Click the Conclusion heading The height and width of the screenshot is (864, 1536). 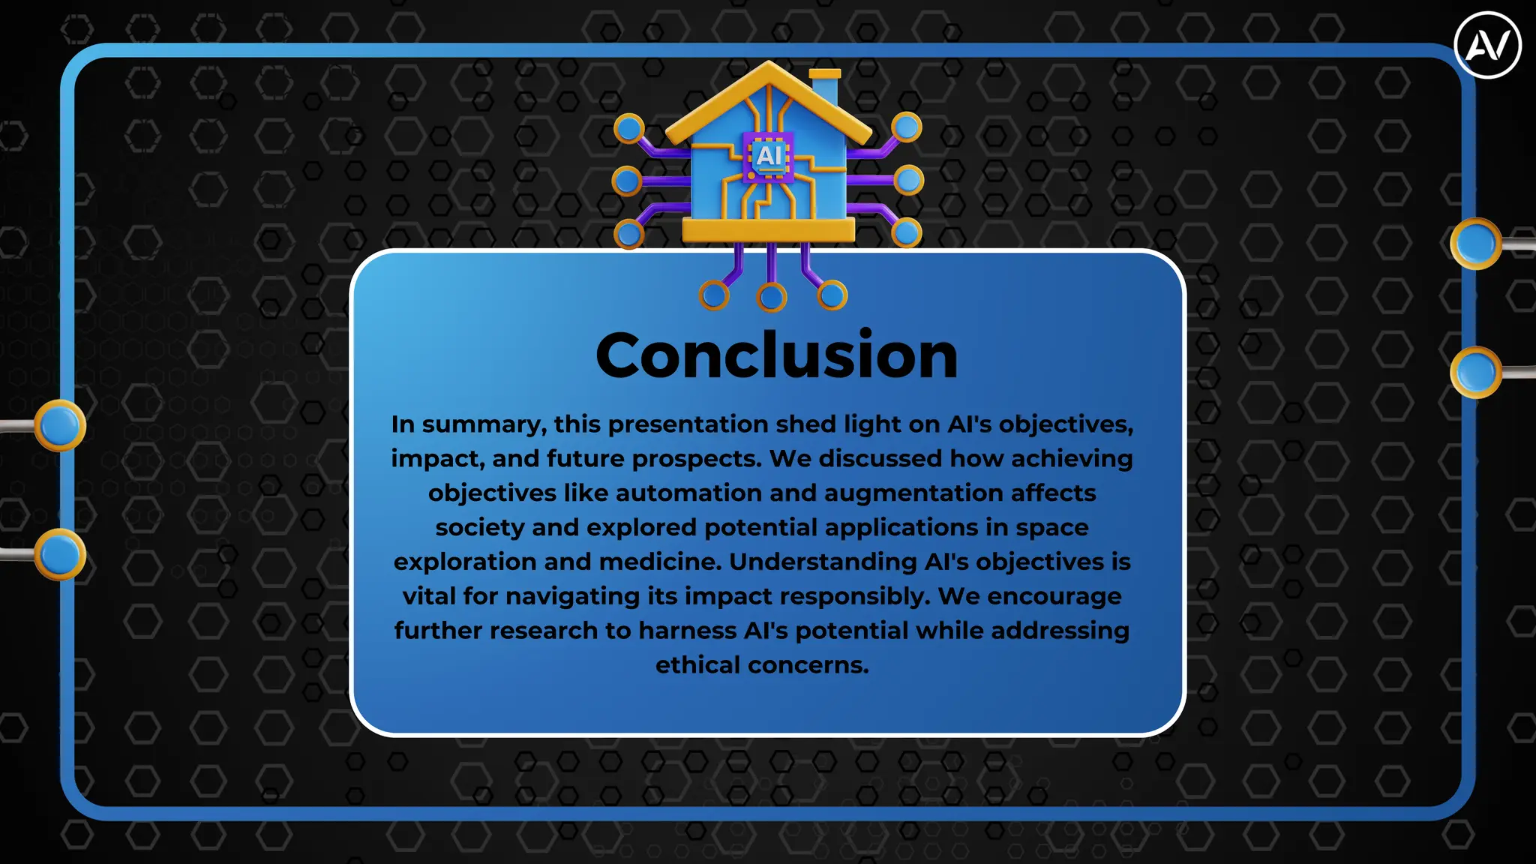[776, 355]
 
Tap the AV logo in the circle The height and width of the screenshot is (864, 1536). [1487, 45]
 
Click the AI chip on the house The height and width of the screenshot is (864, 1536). [769, 156]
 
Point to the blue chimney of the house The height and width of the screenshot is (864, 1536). [825, 88]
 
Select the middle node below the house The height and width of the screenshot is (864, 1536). [772, 297]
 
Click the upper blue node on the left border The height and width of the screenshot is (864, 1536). [60, 425]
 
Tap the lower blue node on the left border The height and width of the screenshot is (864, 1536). [60, 554]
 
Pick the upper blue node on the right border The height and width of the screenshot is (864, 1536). [1476, 244]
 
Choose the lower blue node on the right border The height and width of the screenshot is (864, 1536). [1476, 372]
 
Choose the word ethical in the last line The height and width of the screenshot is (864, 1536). [697, 665]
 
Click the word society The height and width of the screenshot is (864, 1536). [479, 528]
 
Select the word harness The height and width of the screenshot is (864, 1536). [687, 631]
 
